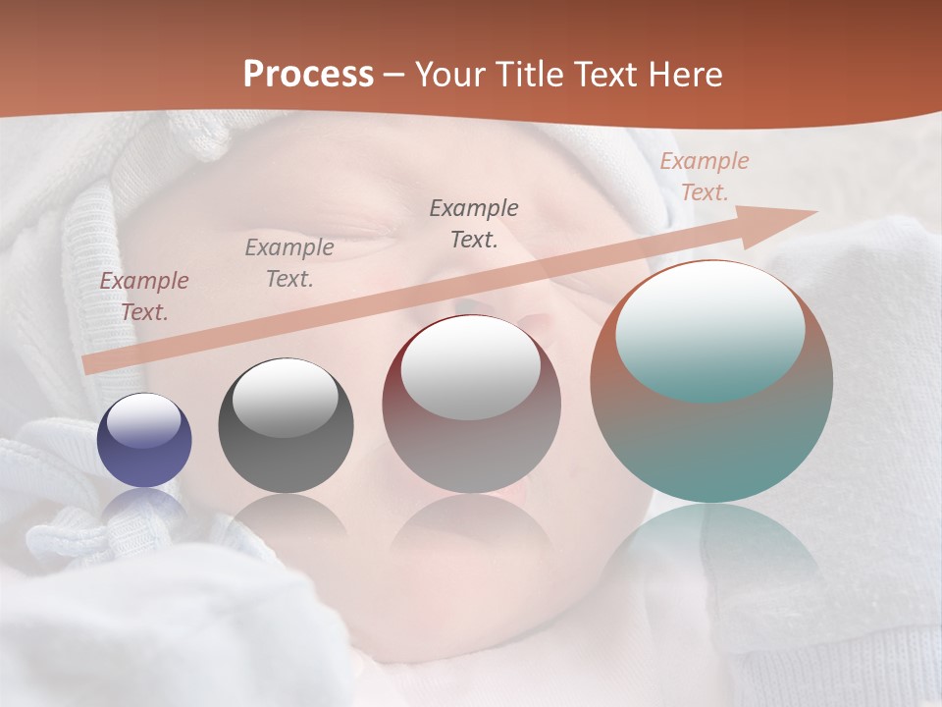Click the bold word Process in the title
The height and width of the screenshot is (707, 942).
pyautogui.click(x=308, y=74)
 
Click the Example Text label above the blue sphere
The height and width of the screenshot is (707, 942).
pyautogui.click(x=143, y=297)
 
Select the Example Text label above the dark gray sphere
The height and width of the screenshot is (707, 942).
pyautogui.click(x=288, y=263)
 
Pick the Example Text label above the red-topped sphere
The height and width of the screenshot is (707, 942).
pyautogui.click(x=473, y=223)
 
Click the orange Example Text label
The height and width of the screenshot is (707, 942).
pyautogui.click(x=704, y=177)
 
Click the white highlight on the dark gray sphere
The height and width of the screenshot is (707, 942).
pyautogui.click(x=286, y=398)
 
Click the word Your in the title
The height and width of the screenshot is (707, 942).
pyautogui.click(x=448, y=74)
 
